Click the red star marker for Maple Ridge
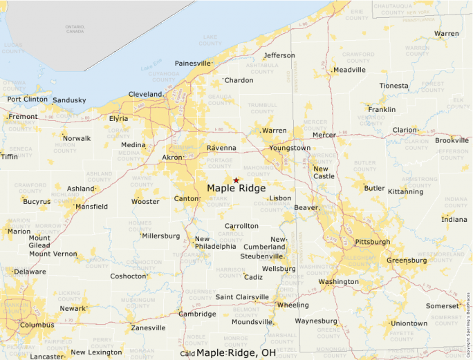[x=236, y=180]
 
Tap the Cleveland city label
[x=145, y=95]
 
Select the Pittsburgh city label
[x=372, y=243]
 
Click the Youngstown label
[x=290, y=148]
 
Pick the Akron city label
[x=171, y=158]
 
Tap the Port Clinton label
[x=27, y=100]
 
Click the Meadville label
[x=349, y=70]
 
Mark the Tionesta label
[x=394, y=86]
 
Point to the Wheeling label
[x=293, y=305]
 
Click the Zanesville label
[x=148, y=328]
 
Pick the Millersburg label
[x=161, y=236]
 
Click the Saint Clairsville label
[x=242, y=297]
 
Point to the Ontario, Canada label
[x=75, y=29]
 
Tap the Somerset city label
[x=442, y=305]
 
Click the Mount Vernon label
[x=53, y=254]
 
